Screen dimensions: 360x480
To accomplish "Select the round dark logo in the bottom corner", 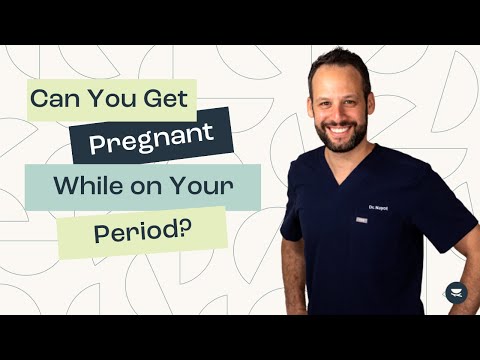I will click(x=455, y=293).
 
